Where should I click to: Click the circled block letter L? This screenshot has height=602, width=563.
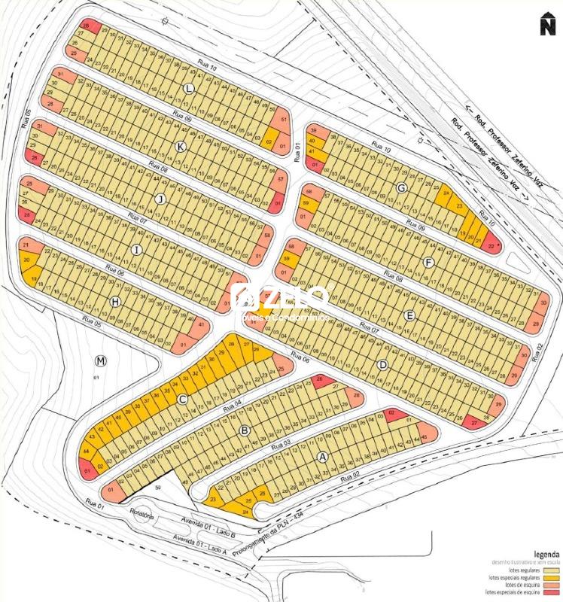click(188, 89)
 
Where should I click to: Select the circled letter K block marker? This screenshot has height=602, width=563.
click(180, 146)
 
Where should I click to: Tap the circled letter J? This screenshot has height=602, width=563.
click(159, 199)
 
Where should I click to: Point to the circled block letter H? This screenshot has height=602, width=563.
click(115, 301)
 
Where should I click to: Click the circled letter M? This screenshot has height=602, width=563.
click(102, 361)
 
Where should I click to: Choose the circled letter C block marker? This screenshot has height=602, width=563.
click(181, 400)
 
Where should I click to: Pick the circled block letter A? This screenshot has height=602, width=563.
click(323, 456)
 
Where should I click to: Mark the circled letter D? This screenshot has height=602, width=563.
click(382, 366)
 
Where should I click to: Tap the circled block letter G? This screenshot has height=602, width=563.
click(401, 187)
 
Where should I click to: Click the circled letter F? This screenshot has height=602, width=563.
click(429, 263)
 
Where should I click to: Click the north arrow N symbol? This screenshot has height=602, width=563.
click(546, 24)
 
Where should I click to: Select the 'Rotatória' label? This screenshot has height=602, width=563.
click(141, 516)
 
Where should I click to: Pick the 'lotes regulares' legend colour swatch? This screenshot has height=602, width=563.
click(555, 569)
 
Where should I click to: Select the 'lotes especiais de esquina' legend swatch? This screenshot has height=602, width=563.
click(555, 591)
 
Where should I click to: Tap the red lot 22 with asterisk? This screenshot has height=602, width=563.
click(492, 245)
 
